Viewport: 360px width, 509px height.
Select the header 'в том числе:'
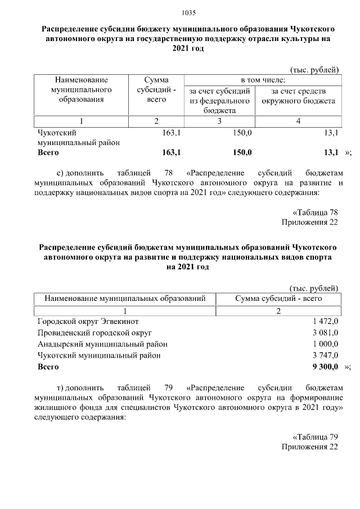click(263, 80)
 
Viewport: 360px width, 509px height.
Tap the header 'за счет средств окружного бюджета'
click(298, 96)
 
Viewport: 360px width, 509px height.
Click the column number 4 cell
click(298, 121)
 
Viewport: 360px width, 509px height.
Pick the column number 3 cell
click(219, 121)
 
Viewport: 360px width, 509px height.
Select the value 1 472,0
click(325, 321)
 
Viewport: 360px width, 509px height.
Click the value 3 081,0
click(325, 333)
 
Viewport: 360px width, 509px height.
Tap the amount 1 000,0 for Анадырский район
click(325, 344)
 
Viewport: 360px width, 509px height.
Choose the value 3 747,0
click(325, 355)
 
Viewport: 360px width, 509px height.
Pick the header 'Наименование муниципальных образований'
click(125, 298)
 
